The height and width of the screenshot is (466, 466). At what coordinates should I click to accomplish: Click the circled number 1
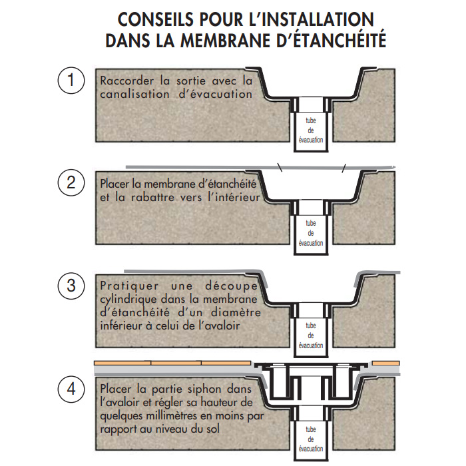pyautogui.click(x=71, y=81)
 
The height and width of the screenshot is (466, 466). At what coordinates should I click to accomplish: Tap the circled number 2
pyautogui.click(x=71, y=182)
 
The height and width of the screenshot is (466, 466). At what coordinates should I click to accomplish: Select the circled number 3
pyautogui.click(x=71, y=286)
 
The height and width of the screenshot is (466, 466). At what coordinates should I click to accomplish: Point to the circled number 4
pyautogui.click(x=71, y=389)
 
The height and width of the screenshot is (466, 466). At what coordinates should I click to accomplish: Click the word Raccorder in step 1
pyautogui.click(x=127, y=81)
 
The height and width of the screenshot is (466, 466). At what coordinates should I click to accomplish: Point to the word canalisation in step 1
pyautogui.click(x=134, y=95)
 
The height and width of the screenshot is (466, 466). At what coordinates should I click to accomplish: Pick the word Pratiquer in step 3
pyautogui.click(x=129, y=286)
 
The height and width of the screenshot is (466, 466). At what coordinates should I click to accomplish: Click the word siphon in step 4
pyautogui.click(x=206, y=389)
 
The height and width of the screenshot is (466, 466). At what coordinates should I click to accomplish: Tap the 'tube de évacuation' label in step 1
pyautogui.click(x=311, y=130)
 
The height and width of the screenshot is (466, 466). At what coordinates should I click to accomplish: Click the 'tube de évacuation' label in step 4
pyautogui.click(x=311, y=439)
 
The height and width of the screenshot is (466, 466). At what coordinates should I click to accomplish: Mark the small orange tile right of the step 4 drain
pyautogui.click(x=385, y=363)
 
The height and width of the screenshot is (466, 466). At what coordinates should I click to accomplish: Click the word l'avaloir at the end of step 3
pyautogui.click(x=219, y=326)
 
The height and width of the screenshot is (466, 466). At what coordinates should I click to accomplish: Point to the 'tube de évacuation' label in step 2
pyautogui.click(x=311, y=233)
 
